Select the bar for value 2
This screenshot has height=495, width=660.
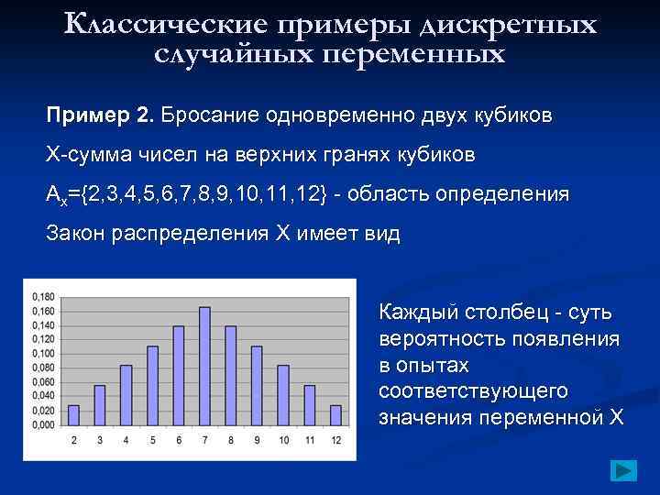tap(73, 415)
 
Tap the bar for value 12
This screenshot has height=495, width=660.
tap(335, 415)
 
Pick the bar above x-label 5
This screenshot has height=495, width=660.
tap(152, 386)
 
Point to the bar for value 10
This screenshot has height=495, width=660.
tap(283, 395)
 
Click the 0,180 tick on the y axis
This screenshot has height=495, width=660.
tap(42, 296)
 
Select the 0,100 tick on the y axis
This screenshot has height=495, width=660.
tap(42, 353)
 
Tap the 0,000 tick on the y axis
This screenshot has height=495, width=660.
tap(42, 425)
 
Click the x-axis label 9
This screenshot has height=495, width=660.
tap(258, 441)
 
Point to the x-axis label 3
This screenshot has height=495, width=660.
tap(100, 441)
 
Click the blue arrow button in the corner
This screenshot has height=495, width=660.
tap(623, 471)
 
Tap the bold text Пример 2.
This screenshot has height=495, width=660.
tap(101, 116)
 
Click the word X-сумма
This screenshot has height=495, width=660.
tap(88, 155)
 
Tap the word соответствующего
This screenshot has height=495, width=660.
tap(473, 391)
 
